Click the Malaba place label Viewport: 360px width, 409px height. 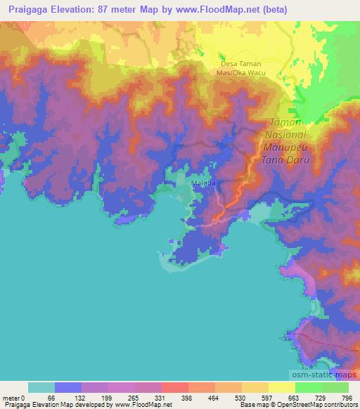coord(202,183)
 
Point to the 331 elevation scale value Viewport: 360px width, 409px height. coord(161,397)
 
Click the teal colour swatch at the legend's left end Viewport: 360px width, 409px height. coord(41,387)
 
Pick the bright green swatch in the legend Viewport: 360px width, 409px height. coord(308,387)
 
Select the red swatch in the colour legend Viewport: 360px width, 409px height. coord(174,387)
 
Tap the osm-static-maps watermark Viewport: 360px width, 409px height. coord(324,377)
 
